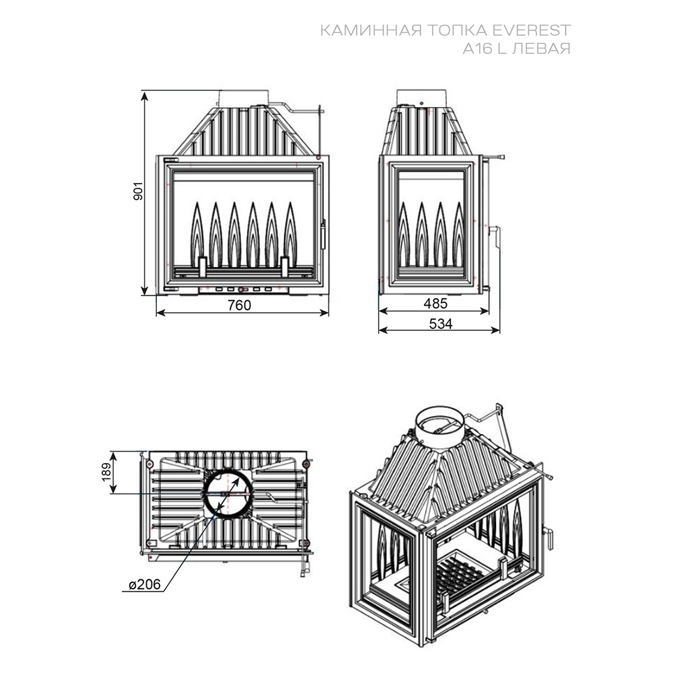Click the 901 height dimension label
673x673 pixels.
coord(138,190)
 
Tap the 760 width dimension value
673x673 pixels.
coord(239,305)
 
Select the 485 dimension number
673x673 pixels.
coord(435,304)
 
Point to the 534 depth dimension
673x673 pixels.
coord(441,323)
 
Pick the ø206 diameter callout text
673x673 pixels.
coord(145,584)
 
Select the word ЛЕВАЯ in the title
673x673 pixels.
coord(542,48)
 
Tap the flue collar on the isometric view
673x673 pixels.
coord(440,427)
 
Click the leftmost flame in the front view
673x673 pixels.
coord(197,234)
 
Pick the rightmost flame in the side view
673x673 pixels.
coord(459,234)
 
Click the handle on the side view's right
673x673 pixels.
coord(497,236)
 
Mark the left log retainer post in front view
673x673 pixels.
coord(202,267)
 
